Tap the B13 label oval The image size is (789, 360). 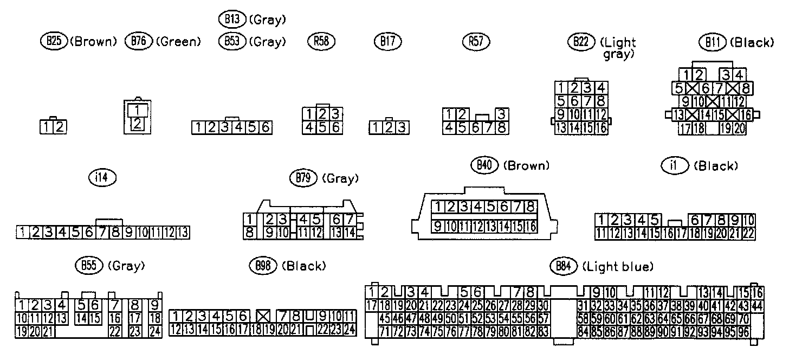click(232, 20)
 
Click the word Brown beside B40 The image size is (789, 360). click(526, 166)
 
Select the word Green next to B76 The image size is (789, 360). click(178, 42)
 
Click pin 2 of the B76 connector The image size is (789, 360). click(137, 123)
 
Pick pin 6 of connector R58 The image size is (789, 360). click(335, 127)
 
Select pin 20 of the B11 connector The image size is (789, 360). click(740, 128)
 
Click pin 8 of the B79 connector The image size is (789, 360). click(250, 233)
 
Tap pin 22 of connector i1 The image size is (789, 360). click(748, 234)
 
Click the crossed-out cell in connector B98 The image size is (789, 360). click(263, 316)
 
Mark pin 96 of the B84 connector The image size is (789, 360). click(743, 330)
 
